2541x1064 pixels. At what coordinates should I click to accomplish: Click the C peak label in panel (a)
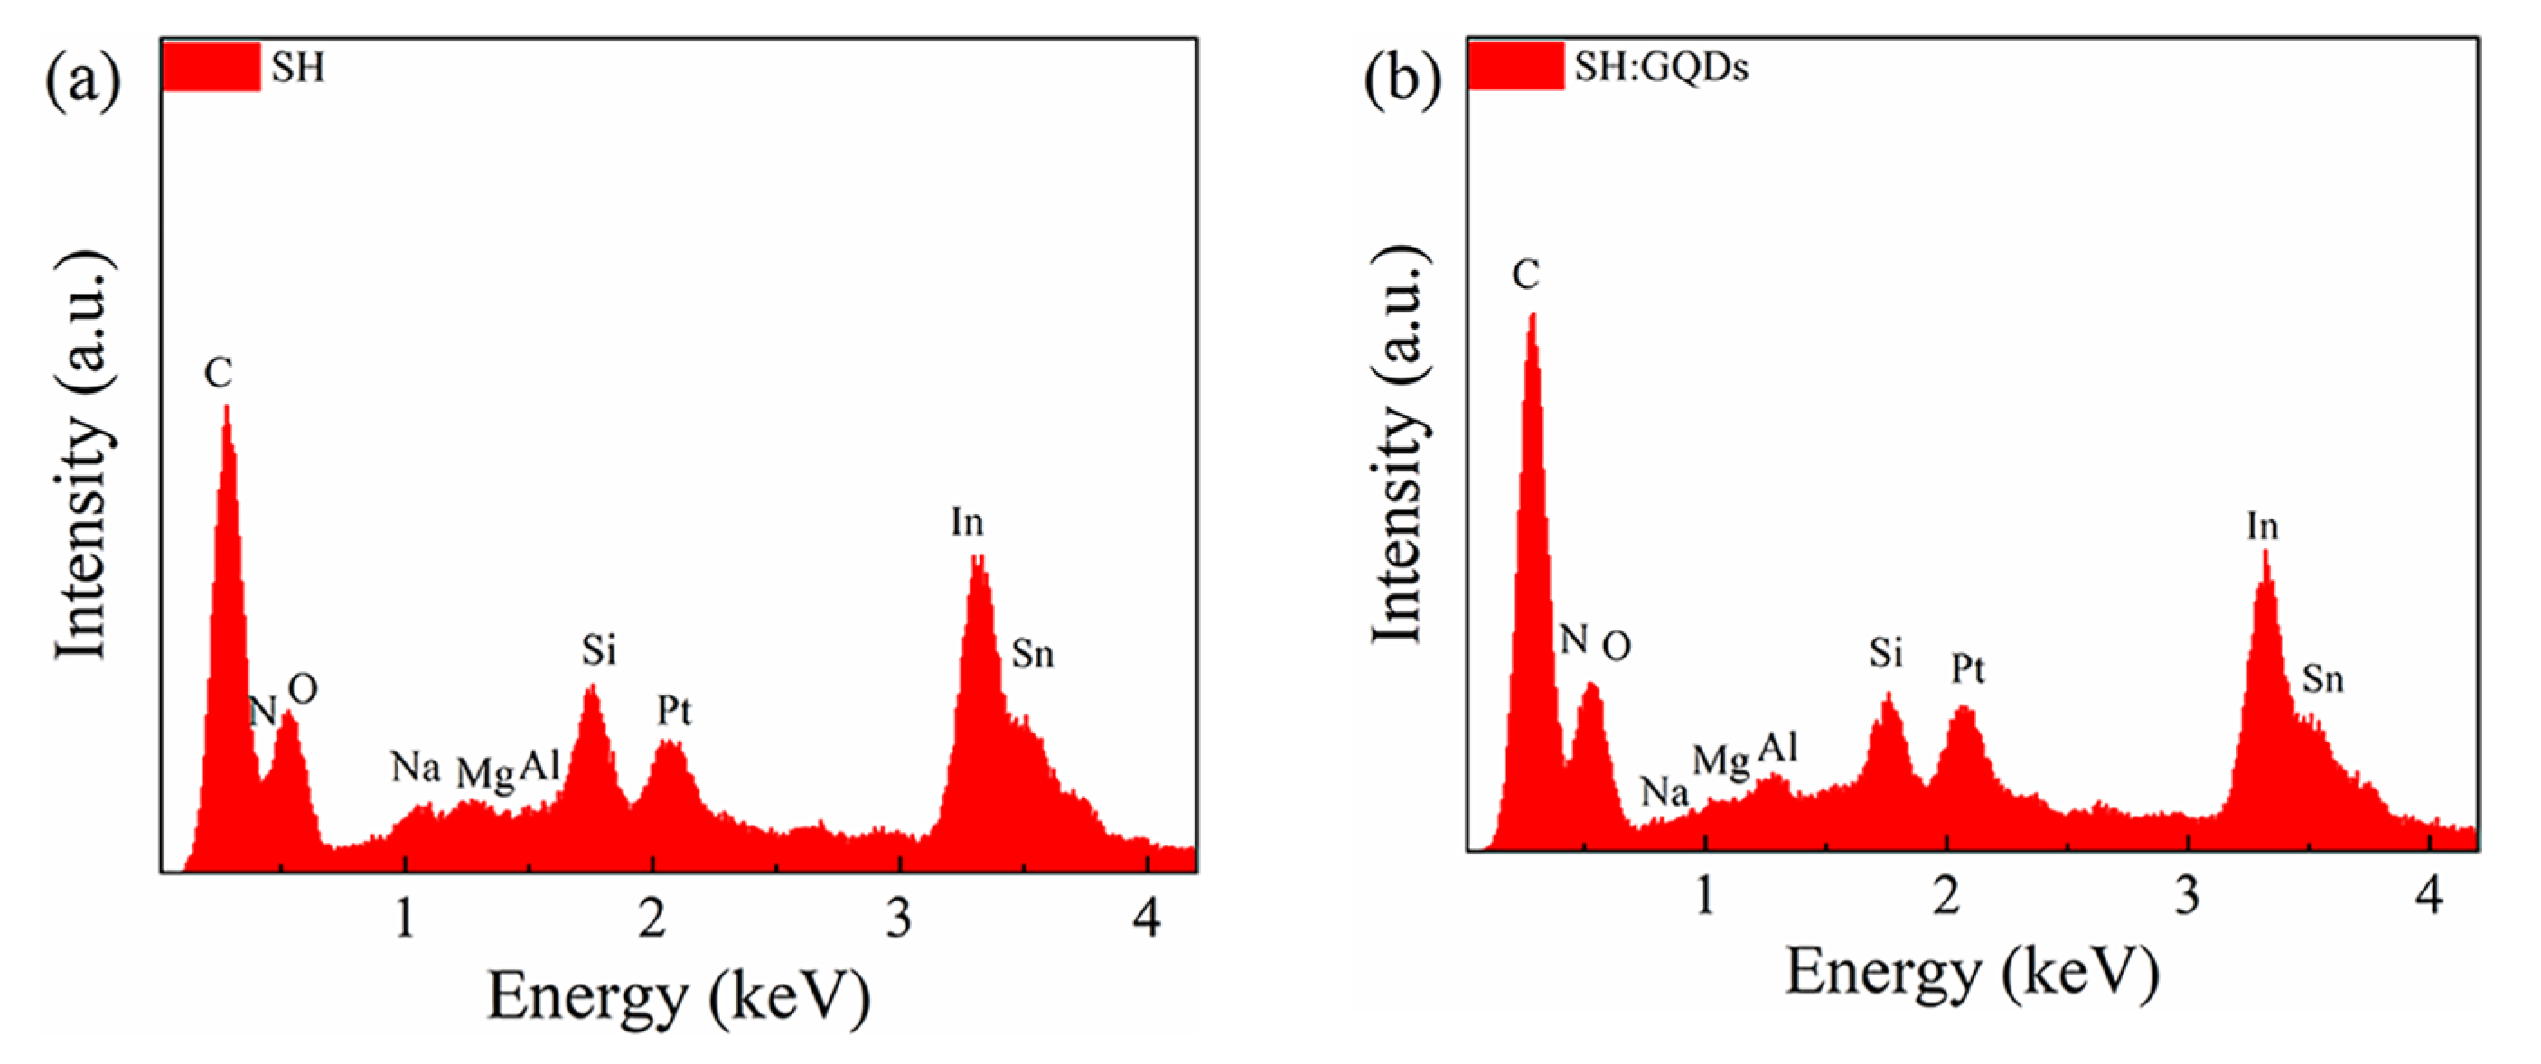click(218, 374)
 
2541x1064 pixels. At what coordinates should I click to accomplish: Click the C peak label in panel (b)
click(1525, 275)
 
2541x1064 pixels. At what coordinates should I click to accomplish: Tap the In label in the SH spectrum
click(967, 522)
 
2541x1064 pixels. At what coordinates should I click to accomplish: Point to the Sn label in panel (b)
click(2322, 679)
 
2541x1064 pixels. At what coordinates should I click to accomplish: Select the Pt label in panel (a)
click(675, 710)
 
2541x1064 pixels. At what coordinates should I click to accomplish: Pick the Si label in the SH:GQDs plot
click(1885, 653)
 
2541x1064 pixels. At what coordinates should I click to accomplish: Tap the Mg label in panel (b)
click(1721, 761)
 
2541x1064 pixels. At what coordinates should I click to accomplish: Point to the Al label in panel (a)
click(539, 765)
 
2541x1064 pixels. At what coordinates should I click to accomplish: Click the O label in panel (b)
click(1616, 647)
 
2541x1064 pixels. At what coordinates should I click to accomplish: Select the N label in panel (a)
click(262, 711)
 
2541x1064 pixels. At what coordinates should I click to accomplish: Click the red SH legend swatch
click(211, 67)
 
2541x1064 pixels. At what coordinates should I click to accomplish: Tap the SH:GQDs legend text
click(1661, 67)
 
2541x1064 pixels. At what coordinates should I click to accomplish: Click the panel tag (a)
click(83, 79)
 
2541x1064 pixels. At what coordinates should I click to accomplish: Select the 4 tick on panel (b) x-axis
click(2430, 896)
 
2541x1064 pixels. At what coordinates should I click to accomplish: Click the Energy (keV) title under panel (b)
click(1972, 975)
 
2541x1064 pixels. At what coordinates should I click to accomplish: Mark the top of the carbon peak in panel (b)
click(1533, 315)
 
